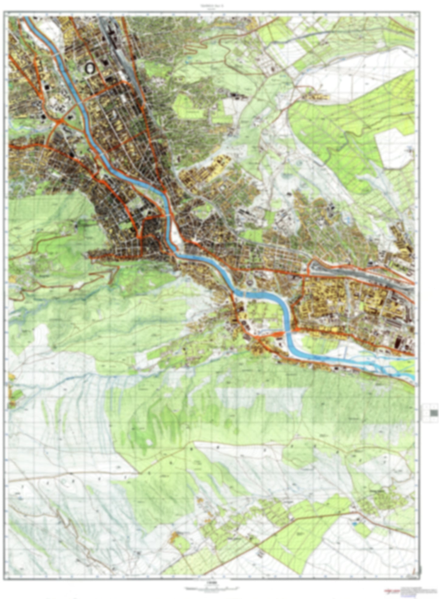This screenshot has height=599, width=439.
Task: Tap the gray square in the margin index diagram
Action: (x=434, y=413)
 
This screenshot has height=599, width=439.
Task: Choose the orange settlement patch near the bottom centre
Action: (x=174, y=537)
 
